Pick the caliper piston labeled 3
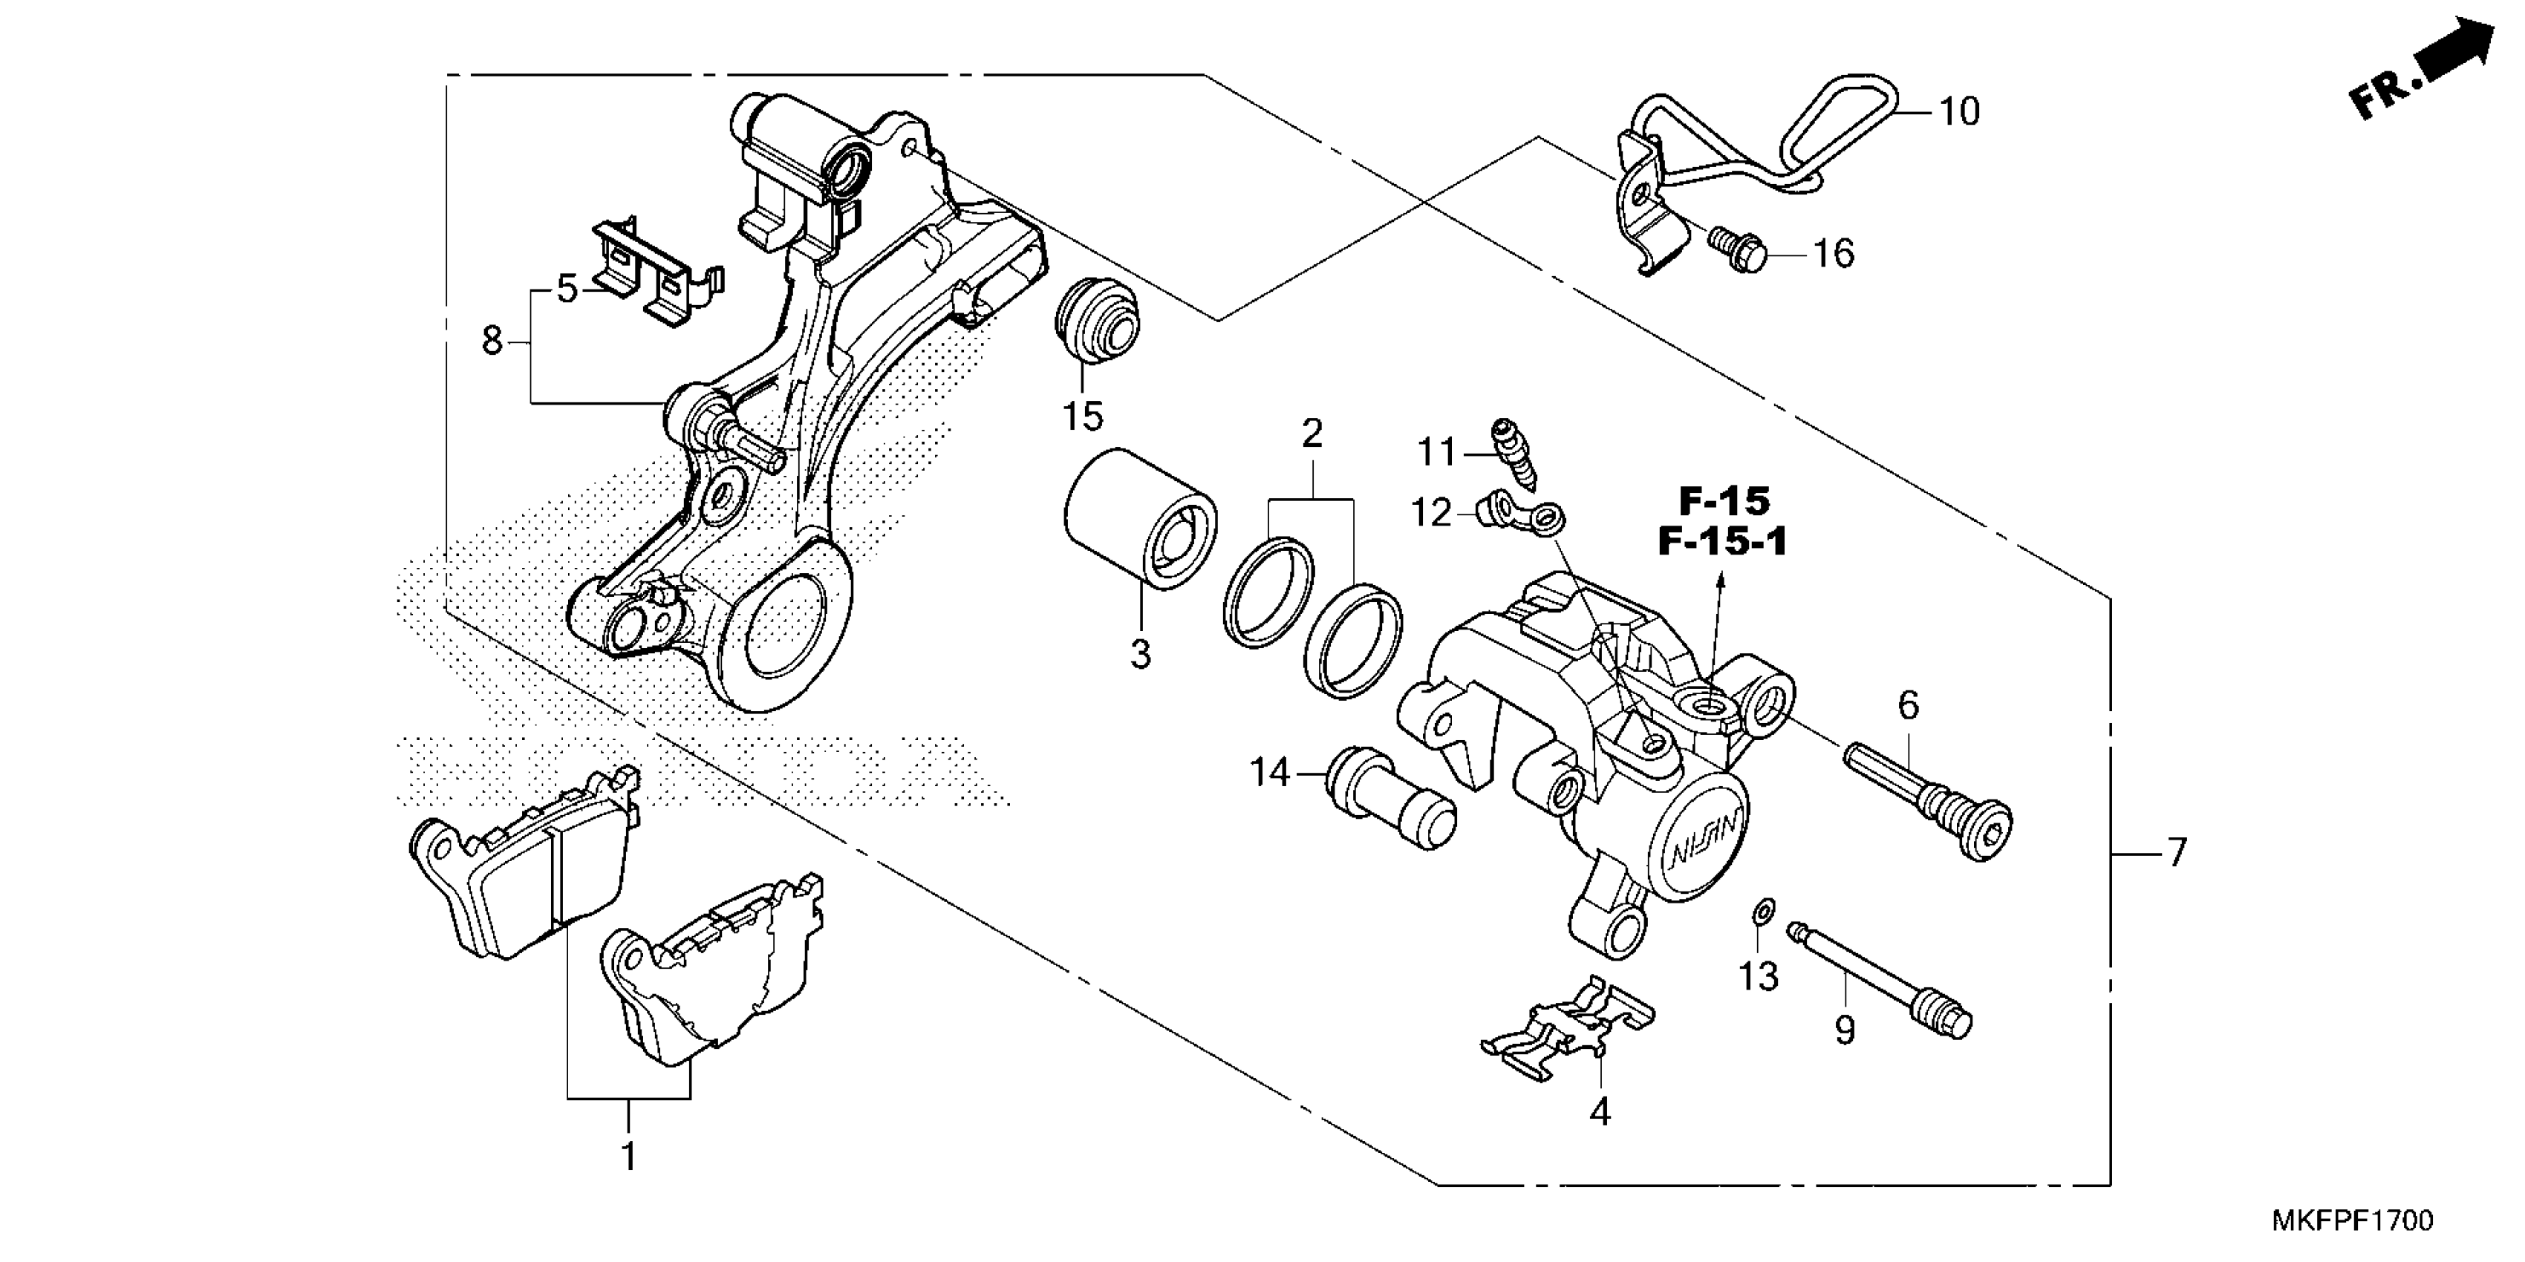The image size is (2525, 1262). click(1139, 520)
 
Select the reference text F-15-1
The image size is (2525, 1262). click(1722, 543)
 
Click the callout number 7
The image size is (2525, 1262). click(2177, 852)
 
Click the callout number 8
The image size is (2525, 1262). click(492, 341)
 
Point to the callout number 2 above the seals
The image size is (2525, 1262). click(1312, 433)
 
